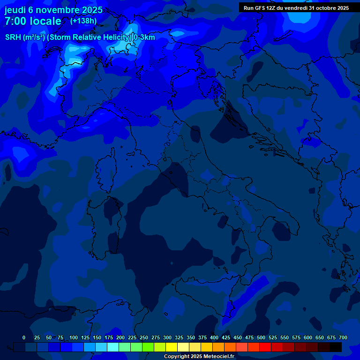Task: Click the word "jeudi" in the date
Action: (15, 10)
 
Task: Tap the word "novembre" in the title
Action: (58, 10)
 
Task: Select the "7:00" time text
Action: (16, 21)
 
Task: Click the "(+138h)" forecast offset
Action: (83, 21)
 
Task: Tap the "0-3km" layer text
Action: (144, 37)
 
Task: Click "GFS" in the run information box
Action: (261, 8)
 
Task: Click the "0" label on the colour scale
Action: (24, 337)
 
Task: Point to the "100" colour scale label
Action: (74, 337)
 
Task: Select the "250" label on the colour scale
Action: (144, 337)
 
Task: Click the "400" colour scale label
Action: (214, 337)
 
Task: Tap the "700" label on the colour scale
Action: (343, 337)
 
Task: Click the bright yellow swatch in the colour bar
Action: (172, 347)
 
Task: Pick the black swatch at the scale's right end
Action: (336, 347)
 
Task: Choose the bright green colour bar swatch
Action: (148, 347)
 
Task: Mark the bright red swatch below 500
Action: (265, 347)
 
